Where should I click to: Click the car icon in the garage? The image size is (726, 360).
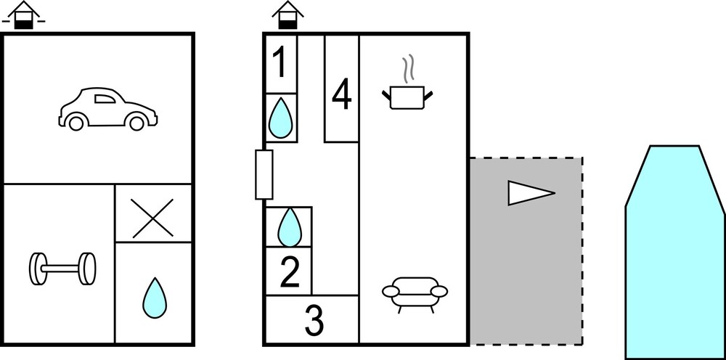pyautogui.click(x=107, y=109)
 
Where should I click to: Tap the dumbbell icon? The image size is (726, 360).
pyautogui.click(x=62, y=269)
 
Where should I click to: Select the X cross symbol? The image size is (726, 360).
pyautogui.click(x=152, y=218)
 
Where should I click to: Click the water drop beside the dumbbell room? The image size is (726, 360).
pyautogui.click(x=154, y=298)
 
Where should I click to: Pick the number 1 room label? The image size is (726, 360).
pyautogui.click(x=280, y=62)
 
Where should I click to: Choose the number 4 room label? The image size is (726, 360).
pyautogui.click(x=342, y=94)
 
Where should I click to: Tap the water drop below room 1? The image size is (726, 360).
pyautogui.click(x=280, y=118)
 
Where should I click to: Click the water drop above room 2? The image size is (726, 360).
pyautogui.click(x=290, y=227)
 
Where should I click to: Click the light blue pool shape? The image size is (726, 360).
pyautogui.click(x=675, y=252)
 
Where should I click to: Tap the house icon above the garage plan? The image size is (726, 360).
pyautogui.click(x=24, y=15)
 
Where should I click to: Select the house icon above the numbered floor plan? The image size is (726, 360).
pyautogui.click(x=287, y=15)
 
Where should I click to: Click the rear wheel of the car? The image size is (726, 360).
pyautogui.click(x=136, y=123)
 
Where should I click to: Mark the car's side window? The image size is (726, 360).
pyautogui.click(x=105, y=99)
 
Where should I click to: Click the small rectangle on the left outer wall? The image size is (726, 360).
pyautogui.click(x=264, y=174)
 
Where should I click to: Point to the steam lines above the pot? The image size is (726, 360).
pyautogui.click(x=407, y=70)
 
